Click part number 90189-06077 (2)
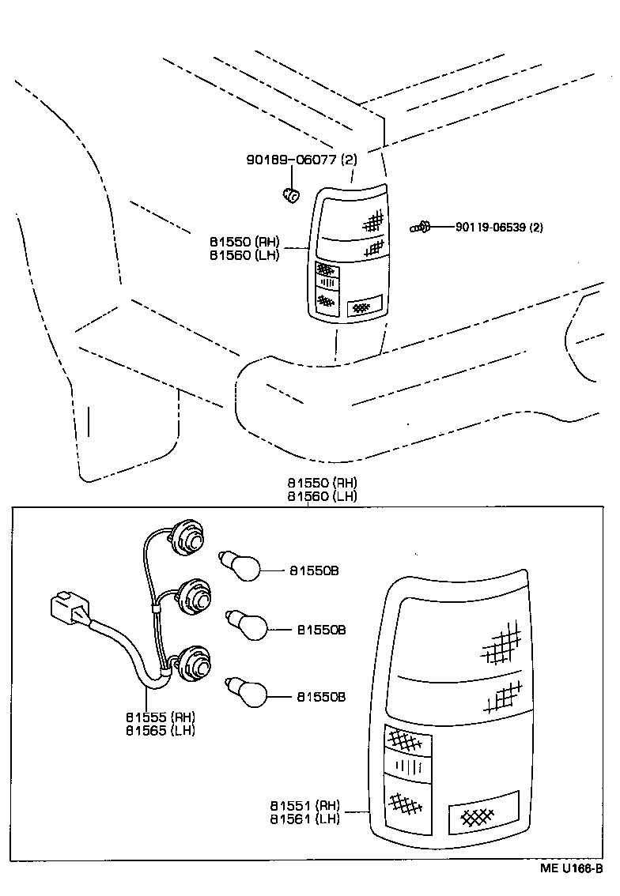[301, 160]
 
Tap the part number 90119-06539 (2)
[499, 228]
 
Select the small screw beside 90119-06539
[419, 228]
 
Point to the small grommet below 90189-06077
[291, 194]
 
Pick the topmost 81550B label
[313, 570]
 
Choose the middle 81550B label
[321, 630]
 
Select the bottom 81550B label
[321, 697]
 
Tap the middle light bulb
[248, 627]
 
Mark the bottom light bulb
[248, 693]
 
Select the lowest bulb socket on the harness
[194, 664]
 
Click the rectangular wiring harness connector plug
[70, 610]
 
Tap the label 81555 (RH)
[160, 717]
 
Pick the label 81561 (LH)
[304, 819]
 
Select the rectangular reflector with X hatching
[482, 812]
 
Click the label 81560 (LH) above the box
[322, 495]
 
